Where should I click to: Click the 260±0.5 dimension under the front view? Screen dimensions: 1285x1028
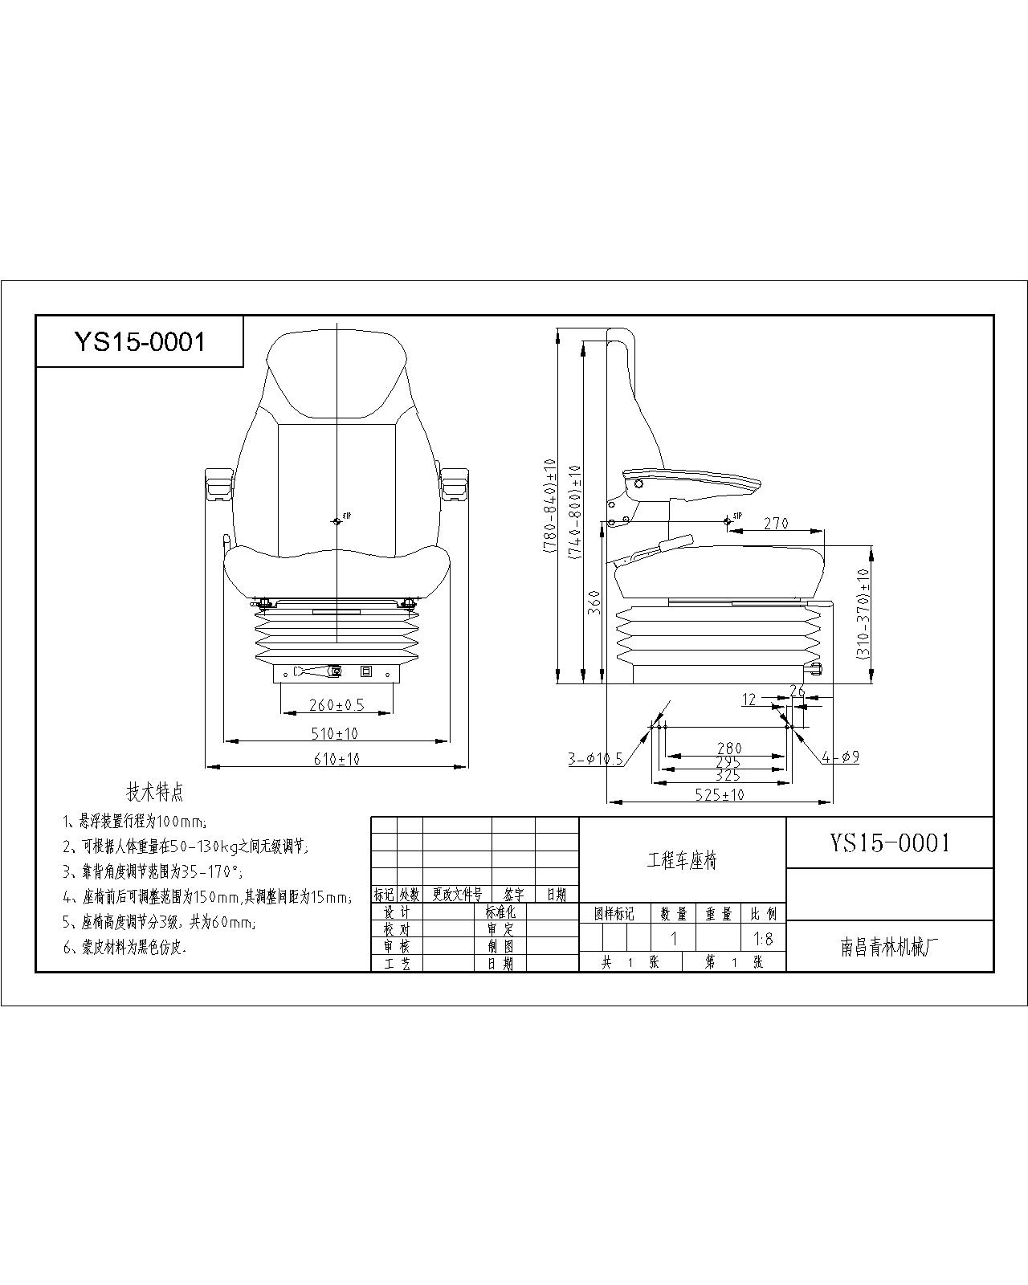tap(337, 705)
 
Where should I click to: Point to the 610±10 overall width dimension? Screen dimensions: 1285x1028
tap(337, 758)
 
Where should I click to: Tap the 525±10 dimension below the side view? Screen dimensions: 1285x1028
tap(720, 794)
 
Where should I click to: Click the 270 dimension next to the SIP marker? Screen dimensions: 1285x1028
tap(776, 523)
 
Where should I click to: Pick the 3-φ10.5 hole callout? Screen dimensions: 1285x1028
tap(596, 758)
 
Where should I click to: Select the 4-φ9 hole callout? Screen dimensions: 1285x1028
tap(841, 756)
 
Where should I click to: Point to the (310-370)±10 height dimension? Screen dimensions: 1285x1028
tap(863, 615)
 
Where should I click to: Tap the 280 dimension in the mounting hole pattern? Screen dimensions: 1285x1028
tap(729, 748)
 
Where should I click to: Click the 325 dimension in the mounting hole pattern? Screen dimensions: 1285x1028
tap(728, 775)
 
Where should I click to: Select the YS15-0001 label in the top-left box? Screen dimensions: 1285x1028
tap(140, 342)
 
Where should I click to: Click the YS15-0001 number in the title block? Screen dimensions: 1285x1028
tap(889, 842)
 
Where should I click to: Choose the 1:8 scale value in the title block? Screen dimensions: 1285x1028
tap(763, 938)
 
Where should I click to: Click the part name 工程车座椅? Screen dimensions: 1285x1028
tap(682, 861)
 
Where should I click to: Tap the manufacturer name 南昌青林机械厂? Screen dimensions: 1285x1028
tap(889, 948)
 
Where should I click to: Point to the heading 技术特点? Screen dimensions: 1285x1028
tap(155, 792)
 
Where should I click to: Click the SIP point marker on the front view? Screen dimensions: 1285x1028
tap(337, 521)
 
